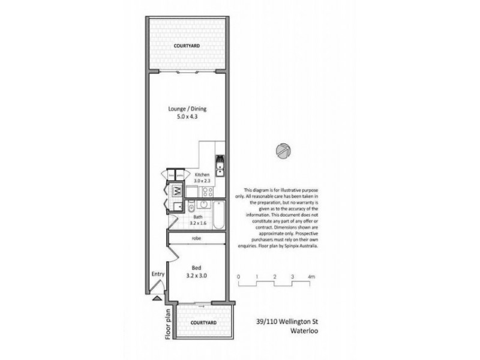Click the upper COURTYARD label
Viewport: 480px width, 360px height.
point(187,46)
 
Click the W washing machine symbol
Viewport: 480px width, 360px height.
point(178,192)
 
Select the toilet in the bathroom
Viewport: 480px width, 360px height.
point(191,208)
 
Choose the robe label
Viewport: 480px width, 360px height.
point(196,239)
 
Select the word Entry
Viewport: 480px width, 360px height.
point(158,275)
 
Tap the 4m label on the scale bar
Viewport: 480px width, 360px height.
point(311,277)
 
